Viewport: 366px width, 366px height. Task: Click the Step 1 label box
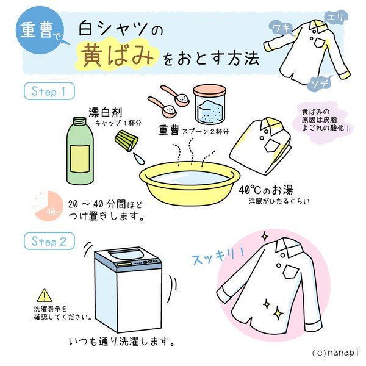[49, 91]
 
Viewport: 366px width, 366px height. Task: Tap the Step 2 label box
[49, 241]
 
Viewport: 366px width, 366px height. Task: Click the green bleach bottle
[80, 150]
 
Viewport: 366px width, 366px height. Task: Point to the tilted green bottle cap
[126, 141]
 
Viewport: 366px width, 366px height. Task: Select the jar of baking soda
[210, 104]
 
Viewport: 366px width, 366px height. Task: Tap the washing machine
[128, 289]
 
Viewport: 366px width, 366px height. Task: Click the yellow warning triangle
[45, 295]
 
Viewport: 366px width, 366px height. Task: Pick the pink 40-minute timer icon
[49, 206]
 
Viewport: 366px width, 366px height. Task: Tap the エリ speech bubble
[335, 18]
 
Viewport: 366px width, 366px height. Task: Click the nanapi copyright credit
[335, 353]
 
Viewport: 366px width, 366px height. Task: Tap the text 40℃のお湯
[265, 190]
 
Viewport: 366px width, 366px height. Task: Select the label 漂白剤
[106, 112]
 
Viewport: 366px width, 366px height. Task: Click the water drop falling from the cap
[139, 159]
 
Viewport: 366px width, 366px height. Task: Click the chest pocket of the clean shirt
[291, 271]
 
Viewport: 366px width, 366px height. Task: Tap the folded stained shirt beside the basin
[261, 146]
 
